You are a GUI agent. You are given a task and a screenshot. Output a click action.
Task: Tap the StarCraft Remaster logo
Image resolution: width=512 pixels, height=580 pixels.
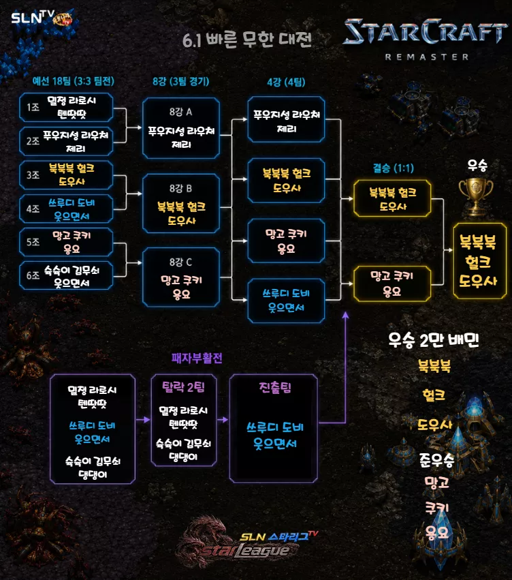pos(426,40)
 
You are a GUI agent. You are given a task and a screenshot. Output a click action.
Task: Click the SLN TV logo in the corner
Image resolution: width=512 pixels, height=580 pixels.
pos(41,18)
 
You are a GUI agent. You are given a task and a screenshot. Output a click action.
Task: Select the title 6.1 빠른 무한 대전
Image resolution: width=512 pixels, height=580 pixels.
pos(247,40)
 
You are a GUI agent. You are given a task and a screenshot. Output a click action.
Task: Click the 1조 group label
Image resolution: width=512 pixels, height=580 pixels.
pos(33,107)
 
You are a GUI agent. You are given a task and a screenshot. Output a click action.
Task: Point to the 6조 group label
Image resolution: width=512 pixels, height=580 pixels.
pos(33,275)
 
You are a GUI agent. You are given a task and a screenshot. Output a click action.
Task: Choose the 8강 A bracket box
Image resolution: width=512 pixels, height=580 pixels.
pos(181,128)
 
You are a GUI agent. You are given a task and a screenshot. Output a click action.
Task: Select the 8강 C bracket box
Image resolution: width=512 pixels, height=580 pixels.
pos(181,277)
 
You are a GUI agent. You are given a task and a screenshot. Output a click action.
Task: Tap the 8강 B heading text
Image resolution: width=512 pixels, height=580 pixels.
pos(180,188)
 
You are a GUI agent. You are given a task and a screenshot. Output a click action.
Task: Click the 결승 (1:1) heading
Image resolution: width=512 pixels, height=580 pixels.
pos(393,168)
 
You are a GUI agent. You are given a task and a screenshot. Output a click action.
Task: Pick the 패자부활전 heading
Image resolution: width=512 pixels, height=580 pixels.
pos(197,358)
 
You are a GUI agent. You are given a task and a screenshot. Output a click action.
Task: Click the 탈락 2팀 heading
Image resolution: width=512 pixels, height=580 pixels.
pos(183,387)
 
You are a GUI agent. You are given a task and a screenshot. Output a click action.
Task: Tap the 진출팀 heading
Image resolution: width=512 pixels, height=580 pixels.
pos(275,387)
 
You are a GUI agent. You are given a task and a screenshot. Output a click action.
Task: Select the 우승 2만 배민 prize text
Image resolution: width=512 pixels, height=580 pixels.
pos(433,339)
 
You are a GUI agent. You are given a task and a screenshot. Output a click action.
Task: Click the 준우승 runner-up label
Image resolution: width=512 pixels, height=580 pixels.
pos(436,460)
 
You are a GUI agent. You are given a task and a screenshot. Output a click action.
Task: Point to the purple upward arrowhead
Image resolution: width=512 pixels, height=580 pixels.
pos(345,315)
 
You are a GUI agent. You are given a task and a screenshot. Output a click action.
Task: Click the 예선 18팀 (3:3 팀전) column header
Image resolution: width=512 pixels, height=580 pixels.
pos(73,81)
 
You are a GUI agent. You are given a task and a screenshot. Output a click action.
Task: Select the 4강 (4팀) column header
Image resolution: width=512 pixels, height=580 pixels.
pos(286,82)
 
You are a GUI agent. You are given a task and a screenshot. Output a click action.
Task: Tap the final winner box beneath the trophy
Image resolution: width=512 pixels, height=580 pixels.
pos(479,261)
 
